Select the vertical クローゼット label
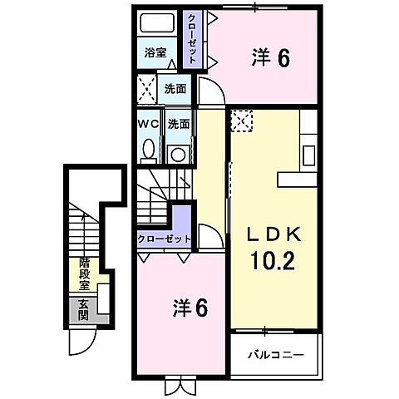pyautogui.click(x=193, y=39)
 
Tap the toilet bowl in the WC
pyautogui.click(x=150, y=150)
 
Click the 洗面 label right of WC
pyautogui.click(x=179, y=123)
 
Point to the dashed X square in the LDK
pyautogui.click(x=241, y=121)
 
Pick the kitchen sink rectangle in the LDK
pyautogui.click(x=308, y=155)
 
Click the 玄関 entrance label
pyautogui.click(x=84, y=310)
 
